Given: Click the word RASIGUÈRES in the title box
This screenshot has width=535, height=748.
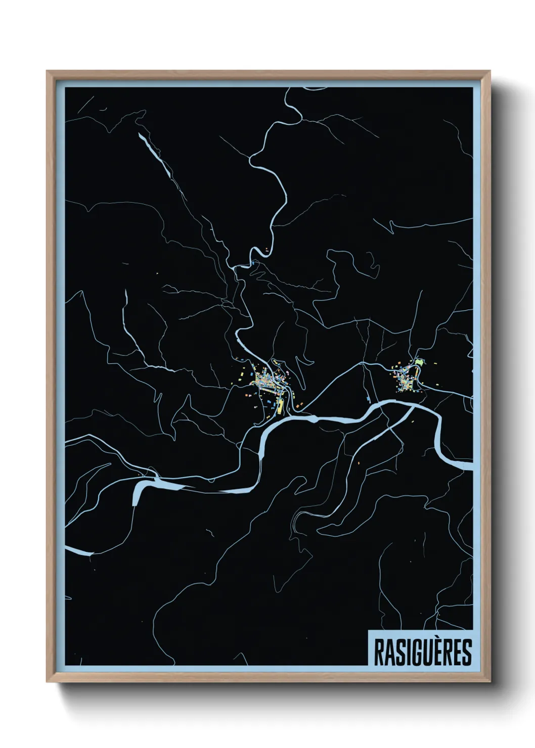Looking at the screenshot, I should click(x=422, y=651).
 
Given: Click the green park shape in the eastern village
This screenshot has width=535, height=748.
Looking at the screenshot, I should click(x=419, y=362).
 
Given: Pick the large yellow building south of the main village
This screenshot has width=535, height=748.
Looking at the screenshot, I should click(x=280, y=405).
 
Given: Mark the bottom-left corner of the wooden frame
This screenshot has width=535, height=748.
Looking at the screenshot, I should click(x=48, y=681).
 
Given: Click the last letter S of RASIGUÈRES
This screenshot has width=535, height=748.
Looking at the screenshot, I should click(x=466, y=652).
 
